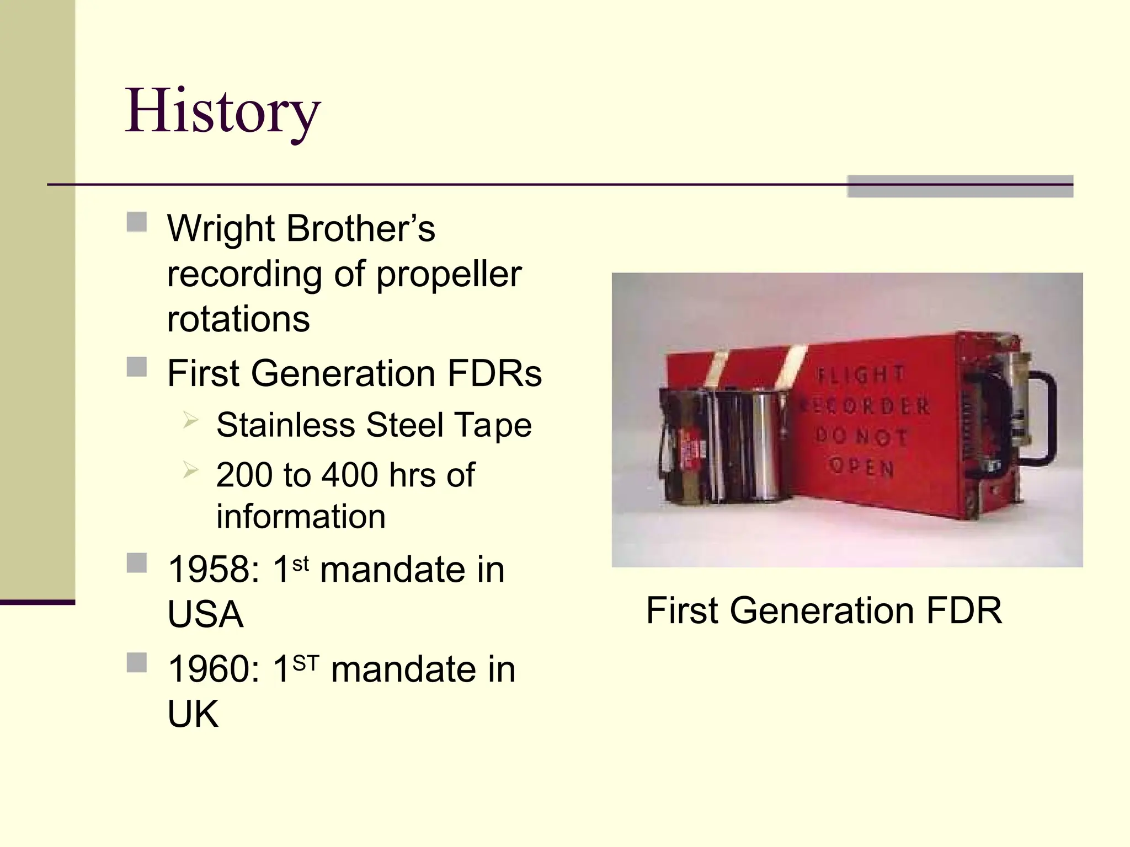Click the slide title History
click(222, 112)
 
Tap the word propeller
click(449, 274)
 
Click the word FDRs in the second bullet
click(494, 373)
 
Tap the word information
click(301, 517)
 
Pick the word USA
click(205, 614)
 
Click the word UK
click(193, 714)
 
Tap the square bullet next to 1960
click(137, 663)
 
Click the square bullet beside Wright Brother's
click(137, 222)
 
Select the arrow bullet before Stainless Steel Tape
click(190, 421)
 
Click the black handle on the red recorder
click(1046, 419)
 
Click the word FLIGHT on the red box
click(861, 374)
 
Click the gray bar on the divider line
click(960, 186)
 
